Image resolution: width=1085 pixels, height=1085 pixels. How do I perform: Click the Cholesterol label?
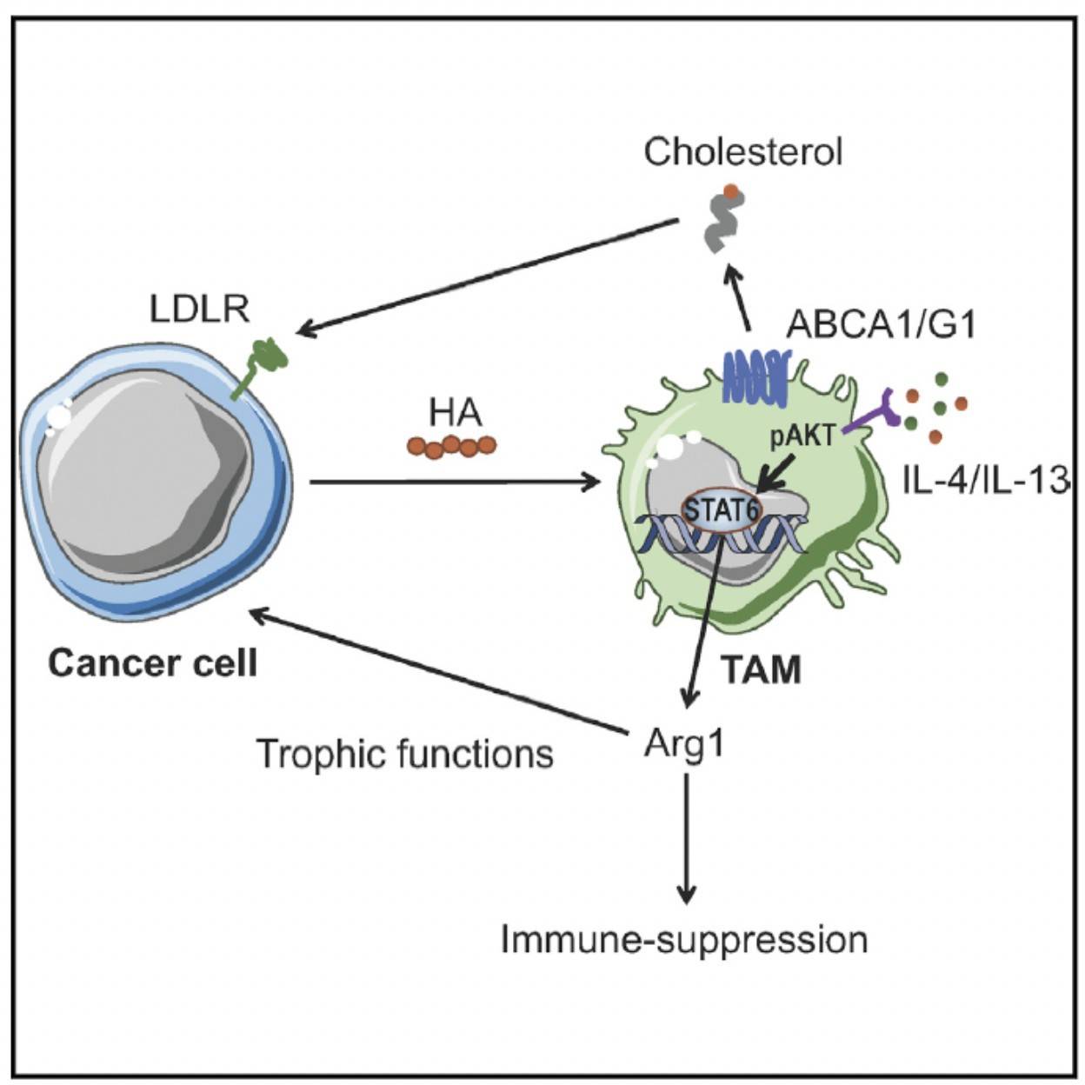[742, 152]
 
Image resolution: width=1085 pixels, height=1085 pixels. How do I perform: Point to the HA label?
[455, 413]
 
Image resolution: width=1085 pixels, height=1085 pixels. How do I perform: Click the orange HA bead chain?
[451, 446]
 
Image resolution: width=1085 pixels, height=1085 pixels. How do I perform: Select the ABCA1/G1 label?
[881, 324]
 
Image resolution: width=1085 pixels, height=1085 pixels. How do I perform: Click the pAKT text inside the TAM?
[802, 434]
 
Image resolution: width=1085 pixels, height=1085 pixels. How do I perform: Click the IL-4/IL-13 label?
[984, 480]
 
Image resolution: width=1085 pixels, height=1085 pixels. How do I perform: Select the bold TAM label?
[762, 670]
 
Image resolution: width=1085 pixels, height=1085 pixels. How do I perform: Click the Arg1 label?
[684, 743]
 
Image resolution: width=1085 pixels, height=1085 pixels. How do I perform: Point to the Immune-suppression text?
[684, 940]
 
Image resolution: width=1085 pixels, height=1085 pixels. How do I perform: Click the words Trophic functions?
[405, 753]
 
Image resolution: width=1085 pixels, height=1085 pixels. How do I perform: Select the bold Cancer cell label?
[153, 663]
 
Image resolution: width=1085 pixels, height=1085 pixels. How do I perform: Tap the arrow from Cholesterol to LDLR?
[487, 276]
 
